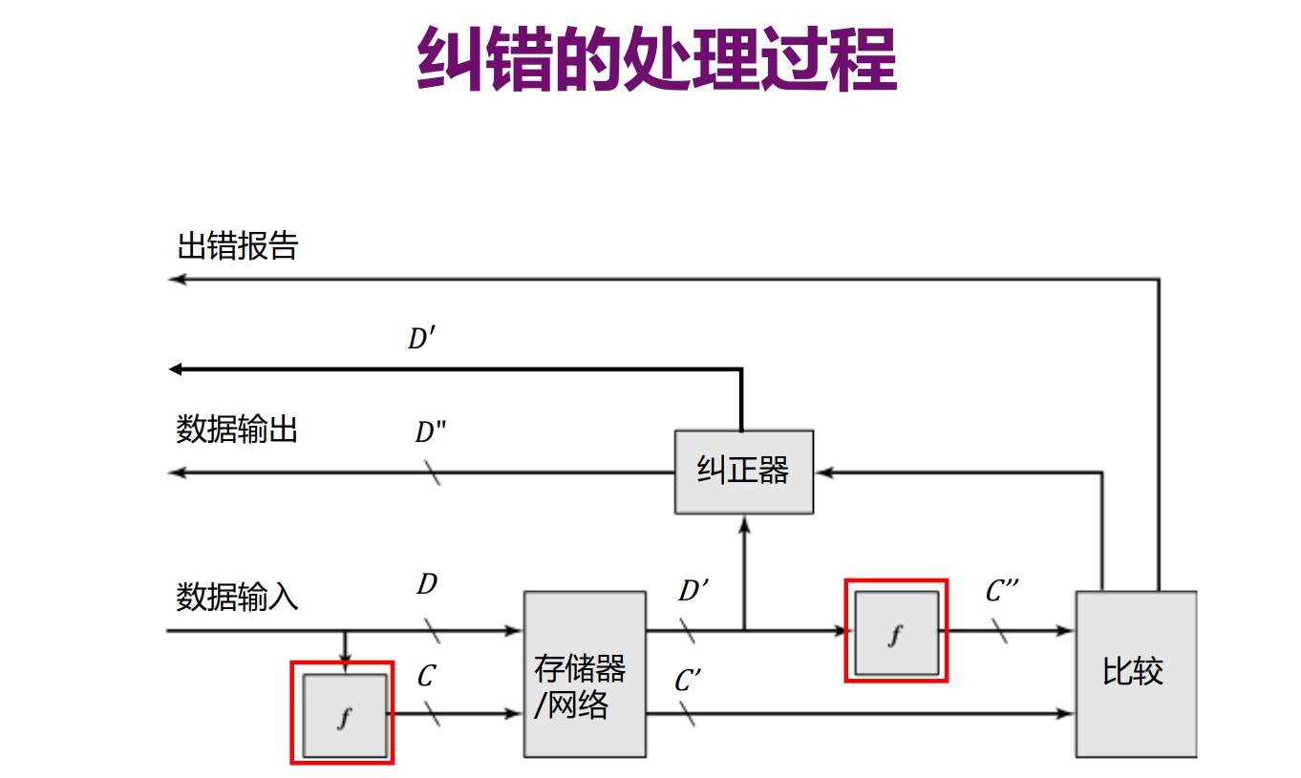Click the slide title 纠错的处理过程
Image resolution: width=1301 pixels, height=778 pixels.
click(x=657, y=59)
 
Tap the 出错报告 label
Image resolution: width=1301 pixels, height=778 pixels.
click(x=238, y=246)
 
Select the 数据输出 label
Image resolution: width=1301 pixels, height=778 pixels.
click(x=237, y=430)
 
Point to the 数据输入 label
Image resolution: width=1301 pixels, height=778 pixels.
click(x=237, y=598)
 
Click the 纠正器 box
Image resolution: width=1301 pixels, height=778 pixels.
click(x=744, y=472)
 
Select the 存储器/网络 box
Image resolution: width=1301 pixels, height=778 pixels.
click(x=585, y=674)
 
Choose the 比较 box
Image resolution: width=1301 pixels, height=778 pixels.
click(x=1135, y=674)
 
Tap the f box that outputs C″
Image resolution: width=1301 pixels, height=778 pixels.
click(x=896, y=632)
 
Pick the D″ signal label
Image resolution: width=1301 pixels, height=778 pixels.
click(x=430, y=432)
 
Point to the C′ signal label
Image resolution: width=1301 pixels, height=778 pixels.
click(x=688, y=682)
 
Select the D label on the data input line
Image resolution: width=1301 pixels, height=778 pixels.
click(x=427, y=584)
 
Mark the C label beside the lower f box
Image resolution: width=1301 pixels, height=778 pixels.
click(x=426, y=677)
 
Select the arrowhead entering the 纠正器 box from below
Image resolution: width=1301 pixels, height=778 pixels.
click(x=744, y=522)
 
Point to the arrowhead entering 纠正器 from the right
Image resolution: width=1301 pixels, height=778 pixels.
click(x=824, y=472)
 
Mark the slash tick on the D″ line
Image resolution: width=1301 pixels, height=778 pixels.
click(x=432, y=473)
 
